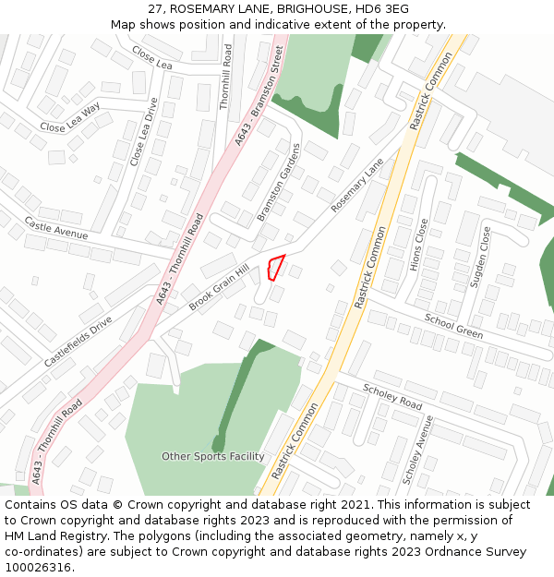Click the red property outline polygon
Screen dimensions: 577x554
(x=274, y=267)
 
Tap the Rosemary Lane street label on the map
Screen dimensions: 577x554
(x=356, y=186)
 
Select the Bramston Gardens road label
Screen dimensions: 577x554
(x=279, y=182)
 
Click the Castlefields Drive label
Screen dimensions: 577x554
(x=78, y=343)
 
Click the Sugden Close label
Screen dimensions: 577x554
(x=481, y=257)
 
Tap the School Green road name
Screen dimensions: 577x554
(x=453, y=326)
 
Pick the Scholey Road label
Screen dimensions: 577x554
(x=392, y=397)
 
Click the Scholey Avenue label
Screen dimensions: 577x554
(x=418, y=450)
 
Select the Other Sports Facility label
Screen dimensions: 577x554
(x=213, y=456)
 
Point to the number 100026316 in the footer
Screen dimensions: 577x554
(x=38, y=568)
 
